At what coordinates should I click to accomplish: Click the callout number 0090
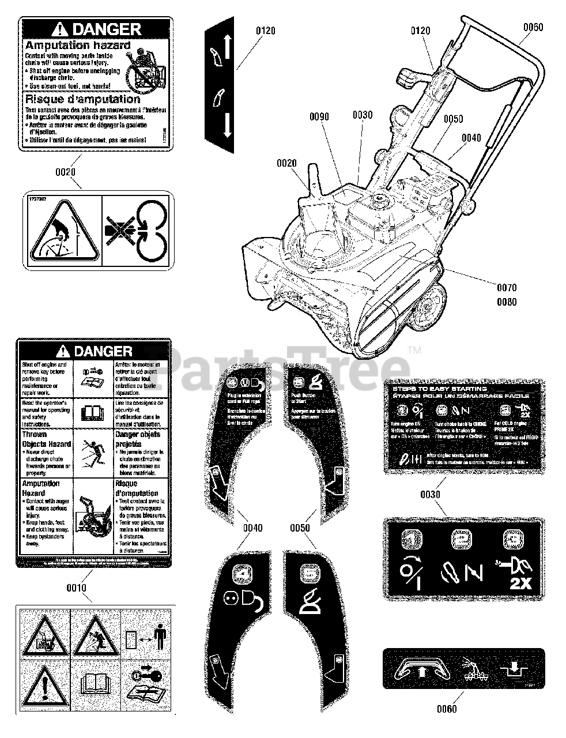pyautogui.click(x=319, y=116)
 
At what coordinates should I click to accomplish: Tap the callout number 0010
pyautogui.click(x=76, y=588)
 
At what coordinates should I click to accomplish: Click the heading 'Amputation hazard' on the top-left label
pyautogui.click(x=78, y=45)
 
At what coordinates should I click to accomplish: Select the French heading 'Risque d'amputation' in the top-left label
pyautogui.click(x=83, y=99)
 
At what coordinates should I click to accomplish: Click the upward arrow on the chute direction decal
pyautogui.click(x=227, y=46)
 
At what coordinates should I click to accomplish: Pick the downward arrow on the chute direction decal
pyautogui.click(x=227, y=125)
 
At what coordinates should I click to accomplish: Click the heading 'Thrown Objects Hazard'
pyautogui.click(x=46, y=439)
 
